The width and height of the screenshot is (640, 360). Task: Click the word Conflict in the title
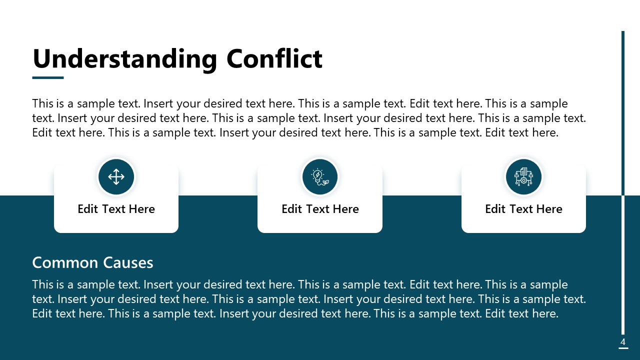[274, 59]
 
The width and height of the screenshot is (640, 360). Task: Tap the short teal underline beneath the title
[48, 77]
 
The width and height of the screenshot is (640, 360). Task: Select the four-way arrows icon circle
[116, 176]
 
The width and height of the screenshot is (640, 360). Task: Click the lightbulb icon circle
[320, 176]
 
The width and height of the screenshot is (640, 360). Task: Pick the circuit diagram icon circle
[523, 176]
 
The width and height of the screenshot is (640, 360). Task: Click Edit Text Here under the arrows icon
[116, 209]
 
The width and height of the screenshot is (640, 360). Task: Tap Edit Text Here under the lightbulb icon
[320, 209]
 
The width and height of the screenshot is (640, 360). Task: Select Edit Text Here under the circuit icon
[523, 209]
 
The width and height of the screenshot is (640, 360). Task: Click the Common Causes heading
[92, 262]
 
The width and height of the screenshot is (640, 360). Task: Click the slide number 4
[623, 342]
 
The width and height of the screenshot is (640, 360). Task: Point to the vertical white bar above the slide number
[623, 265]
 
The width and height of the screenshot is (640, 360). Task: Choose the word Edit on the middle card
[291, 209]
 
